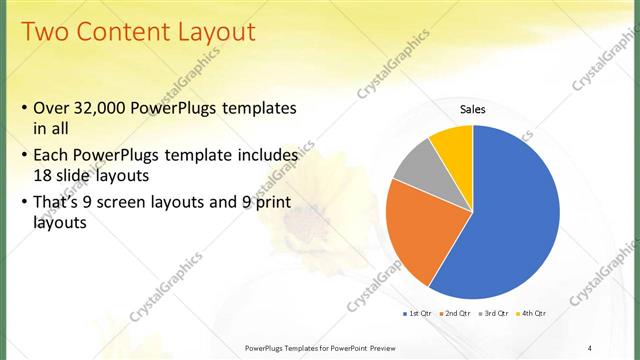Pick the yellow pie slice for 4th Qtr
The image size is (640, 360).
(x=453, y=144)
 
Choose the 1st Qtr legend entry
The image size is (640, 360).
(x=419, y=313)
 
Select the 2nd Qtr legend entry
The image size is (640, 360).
(x=456, y=313)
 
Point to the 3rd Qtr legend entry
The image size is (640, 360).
(x=494, y=313)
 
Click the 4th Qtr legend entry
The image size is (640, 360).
(x=531, y=313)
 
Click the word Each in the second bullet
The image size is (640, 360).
(x=53, y=156)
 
